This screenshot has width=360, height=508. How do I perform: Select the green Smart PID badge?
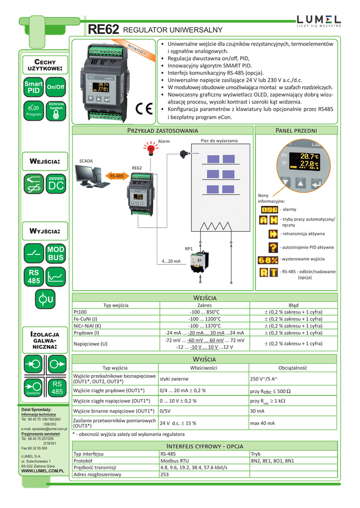[x=33, y=87]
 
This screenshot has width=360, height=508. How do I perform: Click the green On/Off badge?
[x=56, y=87]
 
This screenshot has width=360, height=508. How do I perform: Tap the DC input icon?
[x=56, y=185]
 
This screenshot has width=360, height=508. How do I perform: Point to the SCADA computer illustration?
[x=93, y=176]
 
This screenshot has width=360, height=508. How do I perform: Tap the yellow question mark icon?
[x=273, y=247]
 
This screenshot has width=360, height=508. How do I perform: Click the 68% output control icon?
[x=268, y=259]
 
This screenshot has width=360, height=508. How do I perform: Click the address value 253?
[x=164, y=474]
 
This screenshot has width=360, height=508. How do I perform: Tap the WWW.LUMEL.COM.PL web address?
[x=44, y=470]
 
